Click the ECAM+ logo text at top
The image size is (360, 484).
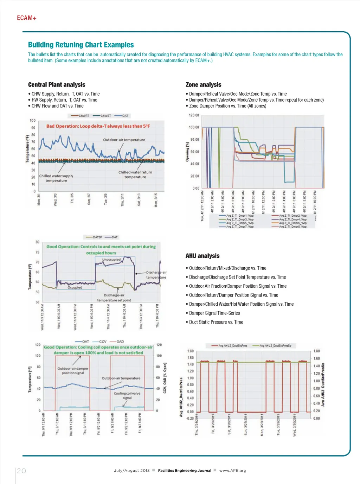pos(27,18)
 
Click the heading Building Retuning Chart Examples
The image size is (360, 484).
pos(81,45)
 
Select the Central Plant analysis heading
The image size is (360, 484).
pos(57,85)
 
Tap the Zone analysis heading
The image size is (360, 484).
pos(203,85)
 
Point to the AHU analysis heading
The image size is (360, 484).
pos(202,256)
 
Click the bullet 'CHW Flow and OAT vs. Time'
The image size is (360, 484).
pos(57,106)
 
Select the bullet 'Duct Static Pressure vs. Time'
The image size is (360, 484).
pos(216,322)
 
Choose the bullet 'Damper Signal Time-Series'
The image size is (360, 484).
pos(214,313)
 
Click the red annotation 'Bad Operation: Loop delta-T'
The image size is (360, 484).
pos(98,126)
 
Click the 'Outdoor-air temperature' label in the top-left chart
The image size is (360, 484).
pos(124,140)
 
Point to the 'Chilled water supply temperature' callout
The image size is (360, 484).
pos(56,178)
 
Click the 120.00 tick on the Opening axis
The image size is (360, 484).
pos(194,115)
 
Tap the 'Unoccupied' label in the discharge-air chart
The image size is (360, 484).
pos(111,260)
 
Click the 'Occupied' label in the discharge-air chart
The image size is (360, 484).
pos(75,287)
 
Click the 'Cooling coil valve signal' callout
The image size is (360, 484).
pos(127,395)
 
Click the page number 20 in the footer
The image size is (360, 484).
pos(21,471)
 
